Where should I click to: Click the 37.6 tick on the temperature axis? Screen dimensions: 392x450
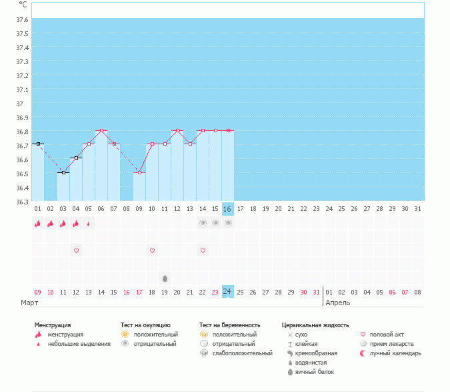click(x=22, y=19)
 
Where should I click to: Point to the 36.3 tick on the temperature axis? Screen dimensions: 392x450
click(x=22, y=201)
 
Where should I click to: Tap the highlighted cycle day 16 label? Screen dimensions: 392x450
click(x=228, y=209)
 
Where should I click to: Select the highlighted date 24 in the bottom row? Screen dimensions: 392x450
click(x=228, y=292)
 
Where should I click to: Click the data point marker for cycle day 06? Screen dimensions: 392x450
click(x=101, y=131)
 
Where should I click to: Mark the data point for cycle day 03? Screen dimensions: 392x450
click(x=63, y=172)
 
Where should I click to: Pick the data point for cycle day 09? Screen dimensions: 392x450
click(x=139, y=172)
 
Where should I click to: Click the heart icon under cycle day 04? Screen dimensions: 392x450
click(x=76, y=250)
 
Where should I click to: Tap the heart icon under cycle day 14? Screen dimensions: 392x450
click(x=203, y=250)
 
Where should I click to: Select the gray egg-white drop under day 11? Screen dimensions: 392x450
click(x=165, y=277)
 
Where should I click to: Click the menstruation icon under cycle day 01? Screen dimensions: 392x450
click(x=38, y=224)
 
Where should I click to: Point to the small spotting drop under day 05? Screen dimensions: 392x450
click(x=89, y=224)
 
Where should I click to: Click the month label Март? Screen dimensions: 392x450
click(x=29, y=303)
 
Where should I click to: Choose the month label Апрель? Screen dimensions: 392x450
click(x=337, y=303)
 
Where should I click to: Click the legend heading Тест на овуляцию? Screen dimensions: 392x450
click(x=146, y=325)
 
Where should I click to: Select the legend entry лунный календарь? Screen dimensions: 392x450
click(x=396, y=353)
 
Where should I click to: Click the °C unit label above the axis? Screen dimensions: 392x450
click(x=23, y=5)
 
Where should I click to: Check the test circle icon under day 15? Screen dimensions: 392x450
click(x=215, y=224)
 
